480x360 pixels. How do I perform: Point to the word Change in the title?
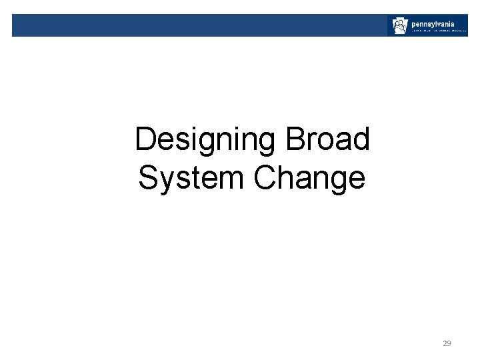pos(309,178)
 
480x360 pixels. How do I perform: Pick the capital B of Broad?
pos(295,140)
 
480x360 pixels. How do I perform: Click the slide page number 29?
pos(447,343)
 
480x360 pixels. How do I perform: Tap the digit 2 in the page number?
pos(445,343)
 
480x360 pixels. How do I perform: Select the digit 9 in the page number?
pos(449,343)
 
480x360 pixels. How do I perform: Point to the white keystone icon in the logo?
pos(399,26)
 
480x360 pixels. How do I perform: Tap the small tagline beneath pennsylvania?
pos(438,31)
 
